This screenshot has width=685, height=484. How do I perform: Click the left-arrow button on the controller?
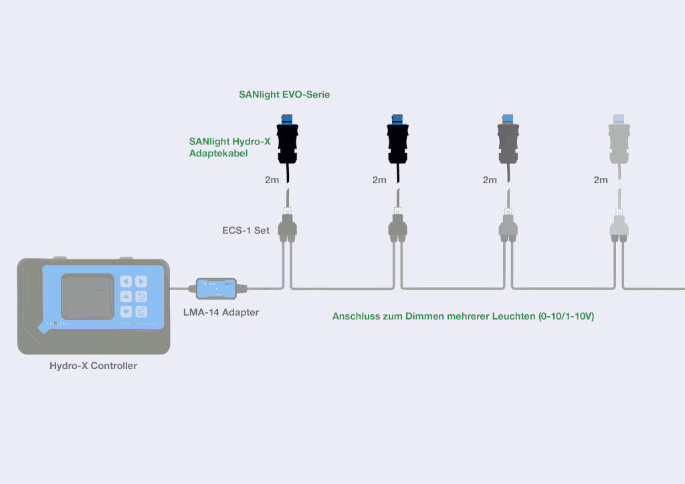[126, 281]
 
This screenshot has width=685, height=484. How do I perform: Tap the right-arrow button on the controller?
[141, 281]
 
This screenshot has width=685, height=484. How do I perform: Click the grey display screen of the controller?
[88, 296]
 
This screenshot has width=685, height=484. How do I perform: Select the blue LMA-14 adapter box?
[216, 289]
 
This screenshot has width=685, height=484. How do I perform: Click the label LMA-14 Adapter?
[221, 312]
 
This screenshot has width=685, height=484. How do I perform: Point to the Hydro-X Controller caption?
[93, 366]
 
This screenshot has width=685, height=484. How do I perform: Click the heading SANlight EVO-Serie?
[284, 95]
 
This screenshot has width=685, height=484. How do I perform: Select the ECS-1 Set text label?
[246, 231]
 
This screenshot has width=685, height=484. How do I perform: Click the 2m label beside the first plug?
[272, 180]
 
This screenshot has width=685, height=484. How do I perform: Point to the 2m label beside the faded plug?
[601, 180]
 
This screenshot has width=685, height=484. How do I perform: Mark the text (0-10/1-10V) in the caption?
[566, 316]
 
